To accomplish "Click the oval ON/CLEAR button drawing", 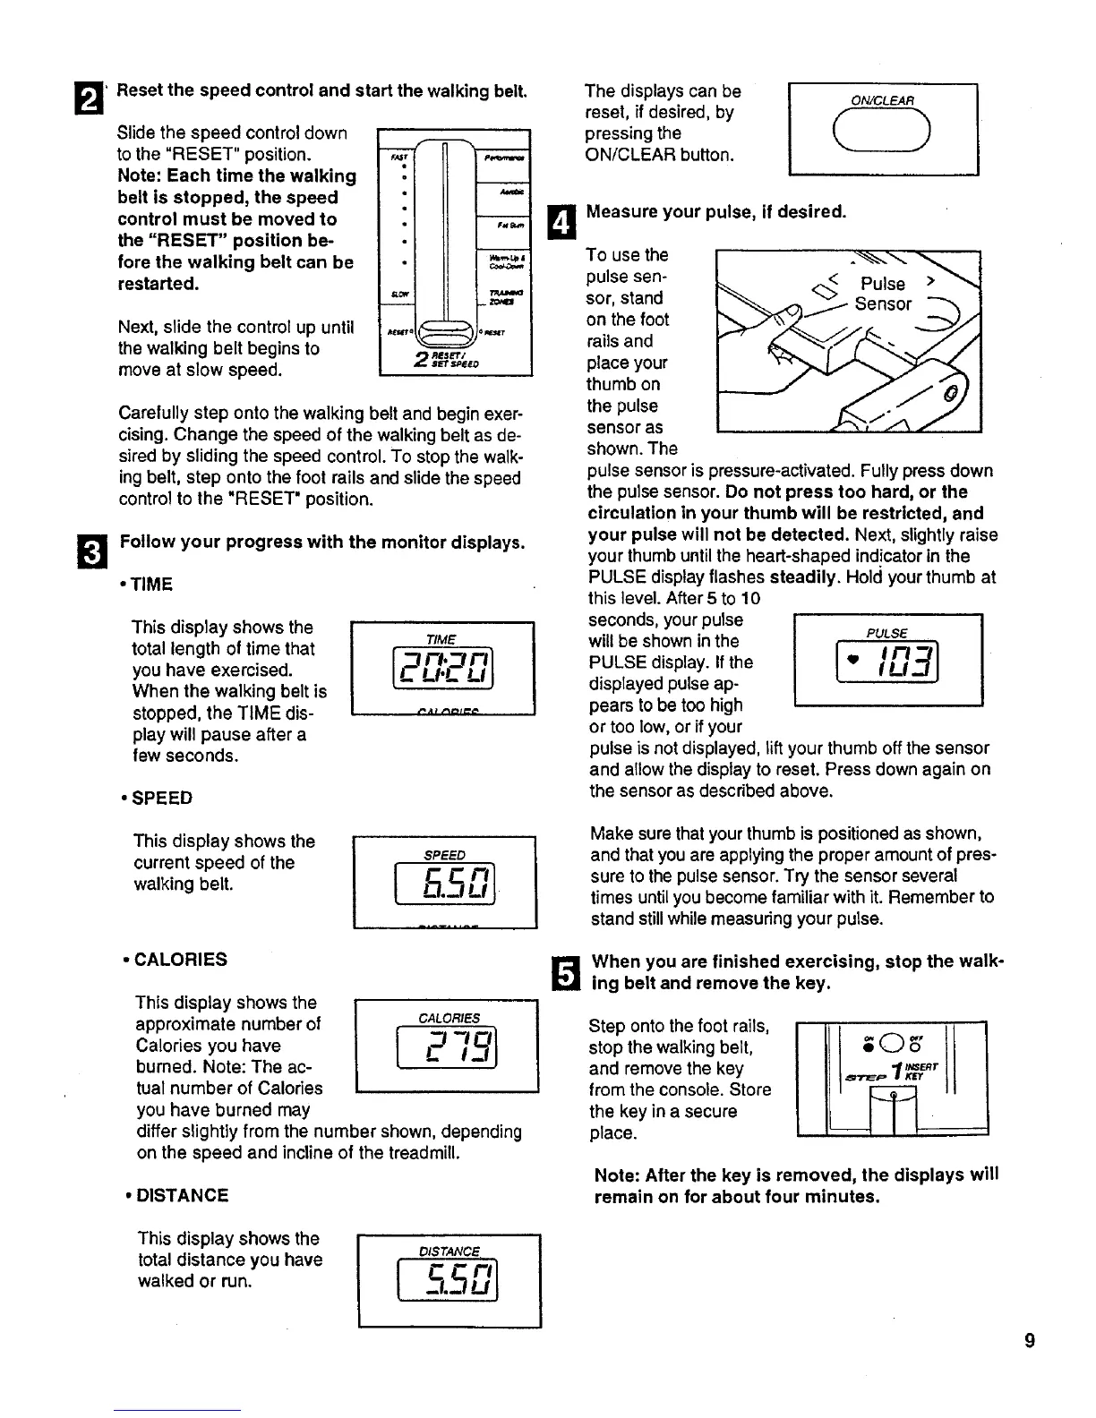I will tap(882, 134).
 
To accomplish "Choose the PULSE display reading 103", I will tap(887, 660).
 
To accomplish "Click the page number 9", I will tap(1030, 1341).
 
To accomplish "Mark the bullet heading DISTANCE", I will tap(177, 1195).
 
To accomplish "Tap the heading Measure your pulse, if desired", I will tap(715, 213).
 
